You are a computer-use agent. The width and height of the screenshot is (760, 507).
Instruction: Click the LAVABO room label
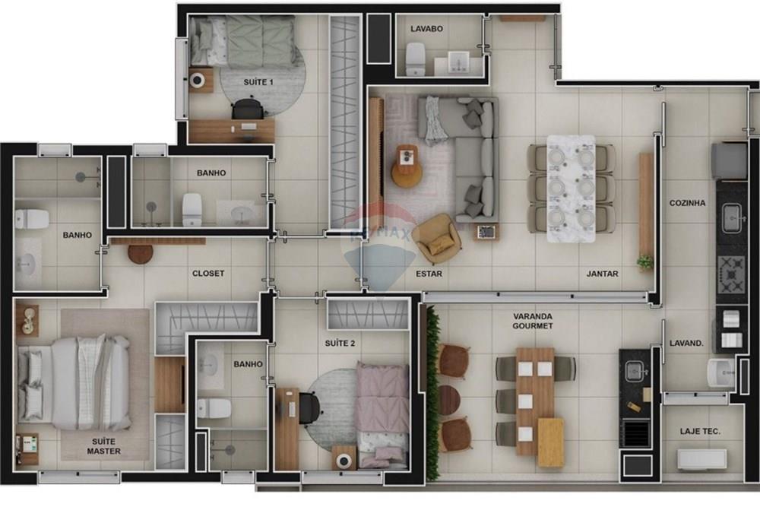point(426,29)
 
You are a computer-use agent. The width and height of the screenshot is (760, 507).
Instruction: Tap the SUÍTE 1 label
point(258,81)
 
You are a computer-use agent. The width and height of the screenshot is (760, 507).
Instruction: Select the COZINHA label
point(687,203)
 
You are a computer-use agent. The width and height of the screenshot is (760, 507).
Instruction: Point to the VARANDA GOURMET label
point(533,321)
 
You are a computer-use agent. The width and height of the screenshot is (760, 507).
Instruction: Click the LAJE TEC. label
point(700,432)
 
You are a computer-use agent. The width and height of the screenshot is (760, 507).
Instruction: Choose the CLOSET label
point(207,273)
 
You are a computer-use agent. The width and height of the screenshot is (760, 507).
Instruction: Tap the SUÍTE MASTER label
point(103,446)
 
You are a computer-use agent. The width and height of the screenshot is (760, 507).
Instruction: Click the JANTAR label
point(602,274)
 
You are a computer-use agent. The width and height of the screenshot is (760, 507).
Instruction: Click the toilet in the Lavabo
point(416,59)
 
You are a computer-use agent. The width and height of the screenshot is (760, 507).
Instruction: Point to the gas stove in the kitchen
point(732,269)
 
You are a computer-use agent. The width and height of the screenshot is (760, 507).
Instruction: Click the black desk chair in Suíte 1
point(248,109)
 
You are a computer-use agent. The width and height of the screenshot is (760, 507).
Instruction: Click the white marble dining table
point(571,188)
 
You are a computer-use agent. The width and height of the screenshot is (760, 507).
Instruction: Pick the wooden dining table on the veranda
point(536,399)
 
